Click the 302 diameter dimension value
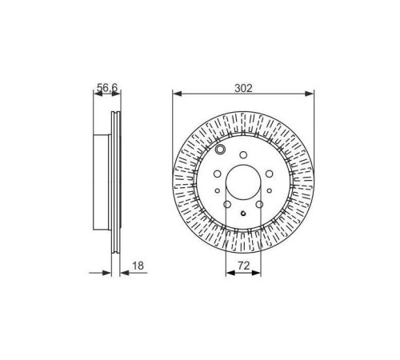pyautogui.click(x=244, y=90)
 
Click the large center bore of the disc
pyautogui.click(x=244, y=186)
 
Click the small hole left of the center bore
pyautogui.click(x=217, y=190)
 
